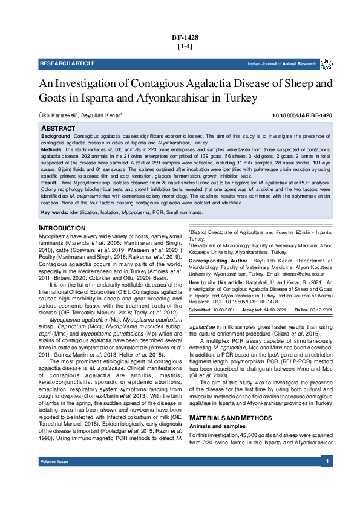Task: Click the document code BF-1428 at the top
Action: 185,37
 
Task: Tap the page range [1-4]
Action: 185,46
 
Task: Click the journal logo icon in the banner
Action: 326,63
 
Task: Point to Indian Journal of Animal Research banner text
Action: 282,64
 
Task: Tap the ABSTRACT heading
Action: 58,129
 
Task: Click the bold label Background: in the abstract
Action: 56,137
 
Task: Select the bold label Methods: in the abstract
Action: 51,149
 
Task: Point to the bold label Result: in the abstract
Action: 50,182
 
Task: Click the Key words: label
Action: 53,213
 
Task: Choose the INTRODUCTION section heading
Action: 62,227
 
